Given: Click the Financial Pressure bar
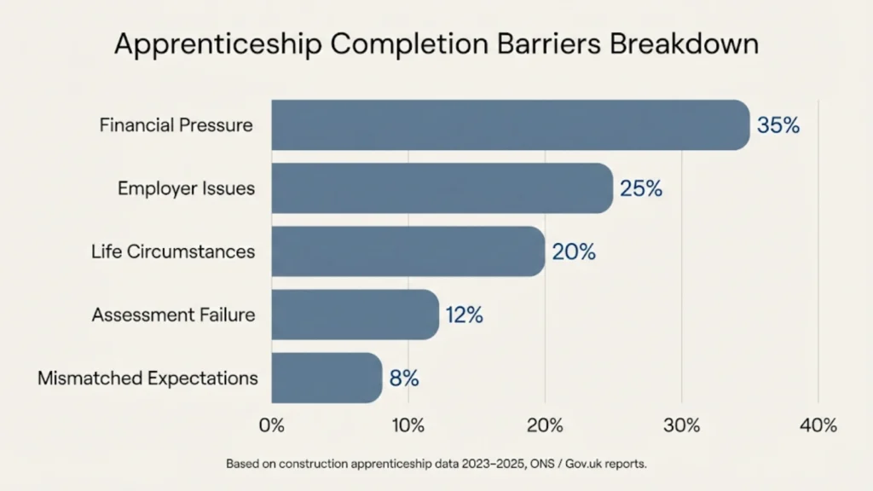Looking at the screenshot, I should [x=510, y=125].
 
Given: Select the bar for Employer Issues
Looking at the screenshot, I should [x=442, y=188].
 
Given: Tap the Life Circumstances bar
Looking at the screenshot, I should [x=408, y=251].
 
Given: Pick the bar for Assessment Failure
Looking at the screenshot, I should [x=355, y=315].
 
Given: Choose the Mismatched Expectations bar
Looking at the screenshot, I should [x=327, y=378].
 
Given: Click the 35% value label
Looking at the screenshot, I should [x=778, y=125].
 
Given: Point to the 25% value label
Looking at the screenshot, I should [x=641, y=188].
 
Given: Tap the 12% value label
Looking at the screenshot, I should [x=464, y=315].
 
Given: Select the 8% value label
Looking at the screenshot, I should [x=404, y=378].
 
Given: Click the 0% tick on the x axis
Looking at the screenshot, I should [x=271, y=425].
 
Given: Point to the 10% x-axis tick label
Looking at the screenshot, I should [x=408, y=425].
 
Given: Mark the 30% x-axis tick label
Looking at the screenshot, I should [x=681, y=425].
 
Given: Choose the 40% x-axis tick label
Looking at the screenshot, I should [x=818, y=425].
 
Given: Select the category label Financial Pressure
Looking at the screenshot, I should [x=176, y=125].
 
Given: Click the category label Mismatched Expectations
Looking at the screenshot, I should [x=147, y=378].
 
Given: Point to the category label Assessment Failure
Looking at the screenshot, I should [x=173, y=315].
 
